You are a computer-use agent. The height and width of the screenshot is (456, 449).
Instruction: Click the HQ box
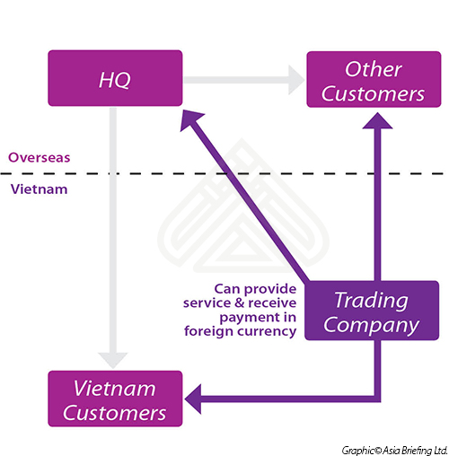click(115, 78)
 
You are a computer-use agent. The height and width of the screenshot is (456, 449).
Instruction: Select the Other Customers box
click(374, 79)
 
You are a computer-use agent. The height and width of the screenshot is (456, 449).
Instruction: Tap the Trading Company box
click(372, 311)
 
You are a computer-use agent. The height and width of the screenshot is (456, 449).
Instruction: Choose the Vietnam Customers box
click(115, 399)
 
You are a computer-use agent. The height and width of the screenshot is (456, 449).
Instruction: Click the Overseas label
click(40, 157)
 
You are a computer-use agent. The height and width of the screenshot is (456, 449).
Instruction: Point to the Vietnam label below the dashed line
click(40, 189)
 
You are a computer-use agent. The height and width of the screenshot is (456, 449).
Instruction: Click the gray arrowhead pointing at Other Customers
click(296, 80)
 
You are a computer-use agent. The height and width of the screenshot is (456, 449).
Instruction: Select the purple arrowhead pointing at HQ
click(190, 118)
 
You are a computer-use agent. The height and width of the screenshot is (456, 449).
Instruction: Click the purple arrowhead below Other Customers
click(377, 121)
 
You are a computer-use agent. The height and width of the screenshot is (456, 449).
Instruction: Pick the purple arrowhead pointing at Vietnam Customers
click(193, 399)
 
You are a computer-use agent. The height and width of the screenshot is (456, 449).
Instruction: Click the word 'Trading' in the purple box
click(371, 300)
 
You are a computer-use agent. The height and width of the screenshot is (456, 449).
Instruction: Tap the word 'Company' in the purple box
click(371, 325)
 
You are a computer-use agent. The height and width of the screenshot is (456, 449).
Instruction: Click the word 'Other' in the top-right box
click(374, 69)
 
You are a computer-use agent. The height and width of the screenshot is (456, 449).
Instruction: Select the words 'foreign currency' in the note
click(241, 331)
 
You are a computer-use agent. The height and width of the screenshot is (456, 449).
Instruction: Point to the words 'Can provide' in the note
click(255, 289)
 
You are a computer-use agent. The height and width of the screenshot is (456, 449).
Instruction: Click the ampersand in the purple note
click(240, 303)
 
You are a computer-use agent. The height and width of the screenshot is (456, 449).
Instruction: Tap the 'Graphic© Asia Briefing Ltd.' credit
click(394, 450)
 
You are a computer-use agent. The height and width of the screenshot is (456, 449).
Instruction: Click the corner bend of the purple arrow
click(377, 399)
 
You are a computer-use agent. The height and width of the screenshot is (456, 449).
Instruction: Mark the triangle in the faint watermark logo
click(239, 251)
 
